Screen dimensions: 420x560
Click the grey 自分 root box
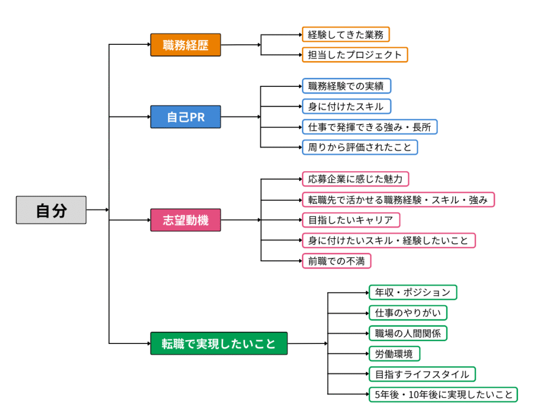point(51,210)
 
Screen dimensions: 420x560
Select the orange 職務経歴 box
point(185,45)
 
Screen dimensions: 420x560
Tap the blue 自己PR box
point(185,117)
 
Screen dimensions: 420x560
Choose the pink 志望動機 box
point(185,220)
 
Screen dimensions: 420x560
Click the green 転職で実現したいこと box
point(219,343)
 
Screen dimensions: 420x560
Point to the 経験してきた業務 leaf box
point(346,34)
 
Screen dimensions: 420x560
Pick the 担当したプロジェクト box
point(355,55)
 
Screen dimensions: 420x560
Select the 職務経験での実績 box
point(346,86)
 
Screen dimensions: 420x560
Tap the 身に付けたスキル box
point(346,106)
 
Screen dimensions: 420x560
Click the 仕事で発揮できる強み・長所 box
point(370,127)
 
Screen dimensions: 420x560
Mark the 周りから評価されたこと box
point(360,147)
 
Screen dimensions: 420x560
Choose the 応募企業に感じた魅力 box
point(355,179)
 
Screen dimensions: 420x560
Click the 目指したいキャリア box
point(351,220)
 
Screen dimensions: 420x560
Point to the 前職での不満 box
point(336,261)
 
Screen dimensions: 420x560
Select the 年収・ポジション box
point(412,293)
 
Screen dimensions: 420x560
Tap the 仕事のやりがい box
point(408,313)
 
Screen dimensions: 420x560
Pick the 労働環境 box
point(394,354)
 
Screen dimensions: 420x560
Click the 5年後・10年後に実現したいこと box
point(443,394)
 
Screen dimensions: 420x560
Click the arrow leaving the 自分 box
point(97,210)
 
